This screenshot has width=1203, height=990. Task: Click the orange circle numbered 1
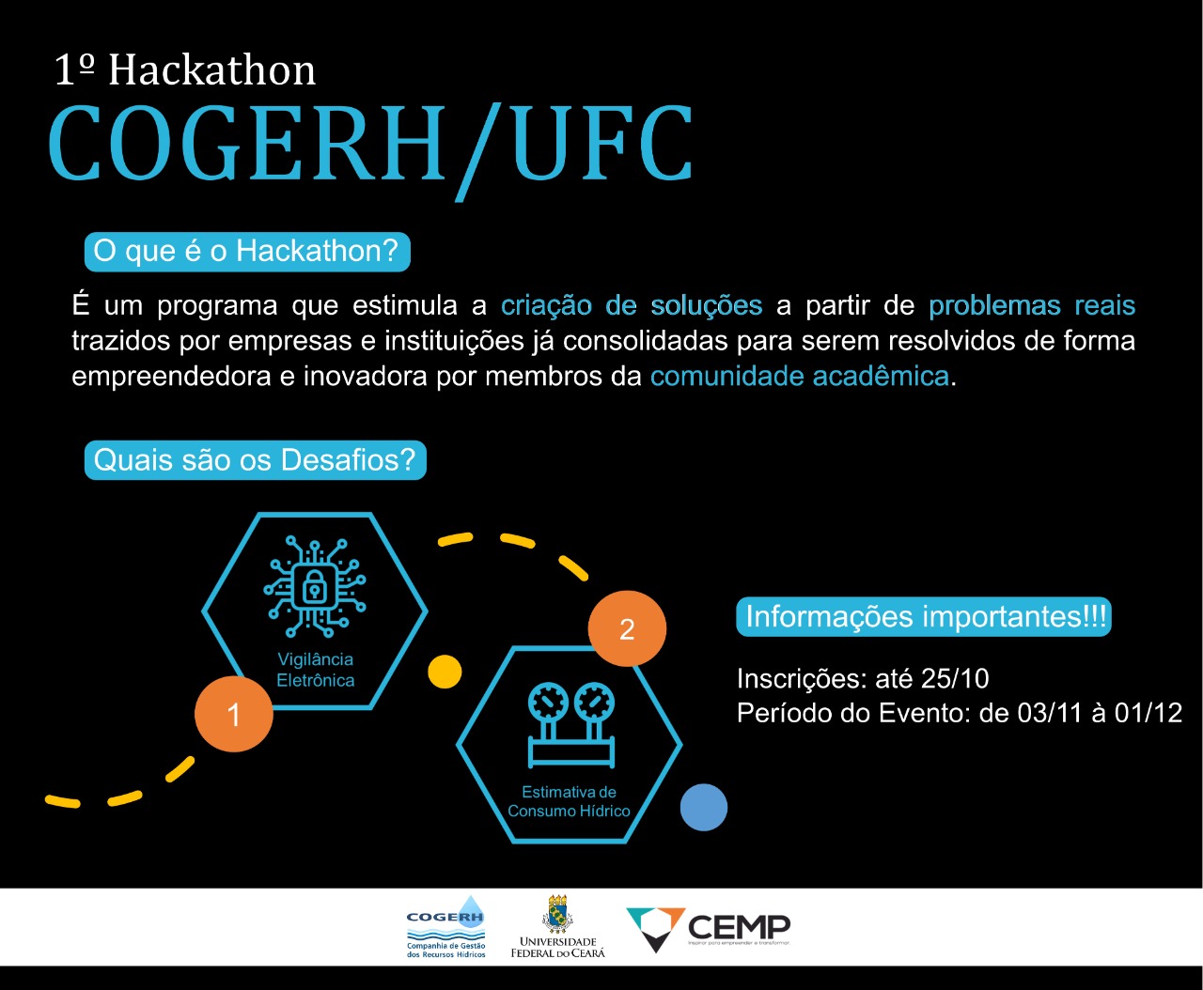pos(234,714)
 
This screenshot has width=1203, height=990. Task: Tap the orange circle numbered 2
pos(627,628)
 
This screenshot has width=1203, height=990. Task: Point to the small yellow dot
pos(445,672)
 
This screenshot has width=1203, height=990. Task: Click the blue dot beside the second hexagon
pos(703,807)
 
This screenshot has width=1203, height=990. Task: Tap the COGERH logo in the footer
pos(446,926)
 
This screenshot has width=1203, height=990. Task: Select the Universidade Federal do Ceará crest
pos(557,915)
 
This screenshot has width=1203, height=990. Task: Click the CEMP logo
pos(709,928)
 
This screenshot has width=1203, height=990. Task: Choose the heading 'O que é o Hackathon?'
pos(246,252)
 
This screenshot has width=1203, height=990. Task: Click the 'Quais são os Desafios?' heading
pos(255,460)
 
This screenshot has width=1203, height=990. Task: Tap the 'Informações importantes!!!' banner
pos(924,617)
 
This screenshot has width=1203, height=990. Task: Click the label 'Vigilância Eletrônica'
pos(316,670)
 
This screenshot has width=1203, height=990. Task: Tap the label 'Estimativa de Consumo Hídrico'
pos(569,801)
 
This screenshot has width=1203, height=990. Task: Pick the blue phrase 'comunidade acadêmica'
pos(800,377)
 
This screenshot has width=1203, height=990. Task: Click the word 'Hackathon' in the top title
pos(211,70)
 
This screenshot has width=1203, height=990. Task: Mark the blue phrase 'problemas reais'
pos(1031,305)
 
